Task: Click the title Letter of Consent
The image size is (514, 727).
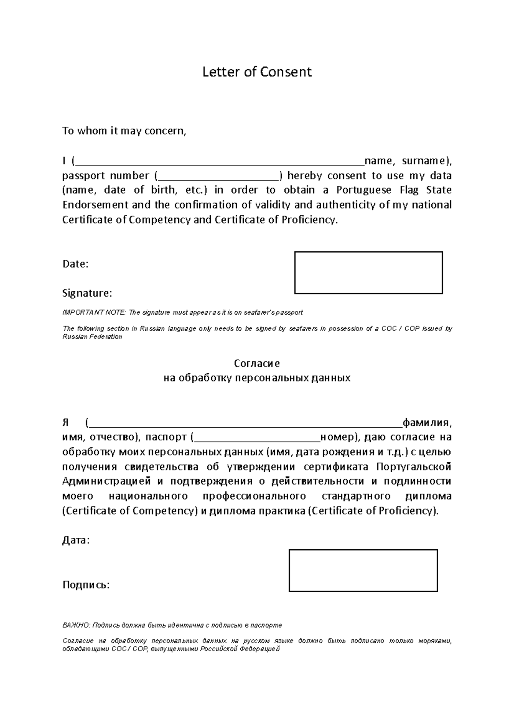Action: pyautogui.click(x=257, y=72)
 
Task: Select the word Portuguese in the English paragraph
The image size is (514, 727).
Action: pyautogui.click(x=364, y=190)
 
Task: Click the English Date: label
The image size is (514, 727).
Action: pyautogui.click(x=75, y=264)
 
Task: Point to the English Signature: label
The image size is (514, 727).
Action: pyautogui.click(x=87, y=293)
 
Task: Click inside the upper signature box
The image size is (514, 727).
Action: pyautogui.click(x=368, y=273)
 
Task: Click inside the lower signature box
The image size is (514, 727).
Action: pyautogui.click(x=363, y=570)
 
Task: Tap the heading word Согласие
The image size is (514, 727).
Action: pyautogui.click(x=257, y=363)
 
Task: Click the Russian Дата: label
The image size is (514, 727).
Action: pyautogui.click(x=76, y=540)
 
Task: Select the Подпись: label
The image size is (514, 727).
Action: pyautogui.click(x=86, y=585)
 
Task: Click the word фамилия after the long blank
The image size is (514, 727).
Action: pyautogui.click(x=426, y=423)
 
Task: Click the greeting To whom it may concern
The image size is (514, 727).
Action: pyautogui.click(x=124, y=131)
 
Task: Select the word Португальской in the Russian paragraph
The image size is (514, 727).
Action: pyautogui.click(x=414, y=467)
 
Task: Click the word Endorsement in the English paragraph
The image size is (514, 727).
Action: pyautogui.click(x=96, y=205)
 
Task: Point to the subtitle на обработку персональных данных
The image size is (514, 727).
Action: pyautogui.click(x=257, y=378)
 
